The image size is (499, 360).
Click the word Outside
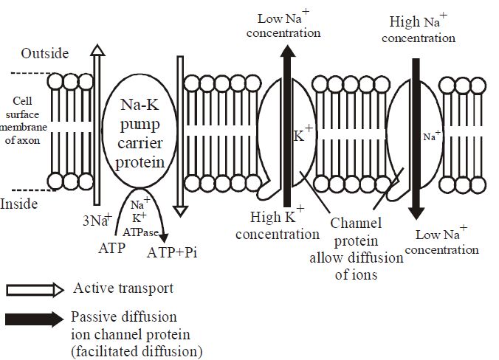tap(45, 53)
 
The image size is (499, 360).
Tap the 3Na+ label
tap(97, 219)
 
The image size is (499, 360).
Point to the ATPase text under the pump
tap(141, 231)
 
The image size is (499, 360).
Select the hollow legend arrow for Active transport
tap(34, 289)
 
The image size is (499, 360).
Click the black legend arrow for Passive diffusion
tap(34, 319)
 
